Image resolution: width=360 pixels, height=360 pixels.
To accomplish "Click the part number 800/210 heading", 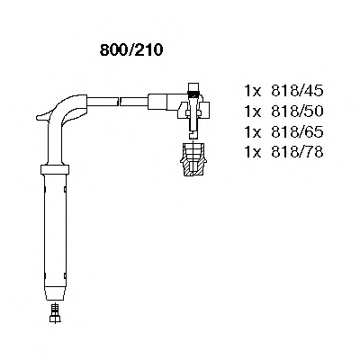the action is (131, 50).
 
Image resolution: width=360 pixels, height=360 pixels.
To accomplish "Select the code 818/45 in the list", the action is (297, 91).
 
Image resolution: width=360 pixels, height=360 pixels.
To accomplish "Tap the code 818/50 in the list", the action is (297, 112).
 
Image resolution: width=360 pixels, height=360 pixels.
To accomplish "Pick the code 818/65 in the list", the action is (297, 132).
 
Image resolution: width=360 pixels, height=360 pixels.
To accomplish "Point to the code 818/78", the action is (297, 152).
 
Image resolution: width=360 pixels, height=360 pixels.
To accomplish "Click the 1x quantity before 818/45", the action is (253, 91).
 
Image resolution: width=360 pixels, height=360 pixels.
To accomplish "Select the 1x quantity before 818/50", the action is (253, 112).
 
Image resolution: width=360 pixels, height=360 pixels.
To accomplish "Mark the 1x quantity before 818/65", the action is (253, 132).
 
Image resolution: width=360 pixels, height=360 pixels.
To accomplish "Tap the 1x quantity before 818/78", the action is (253, 152).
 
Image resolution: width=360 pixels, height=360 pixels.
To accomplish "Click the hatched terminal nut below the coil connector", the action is (193, 159).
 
